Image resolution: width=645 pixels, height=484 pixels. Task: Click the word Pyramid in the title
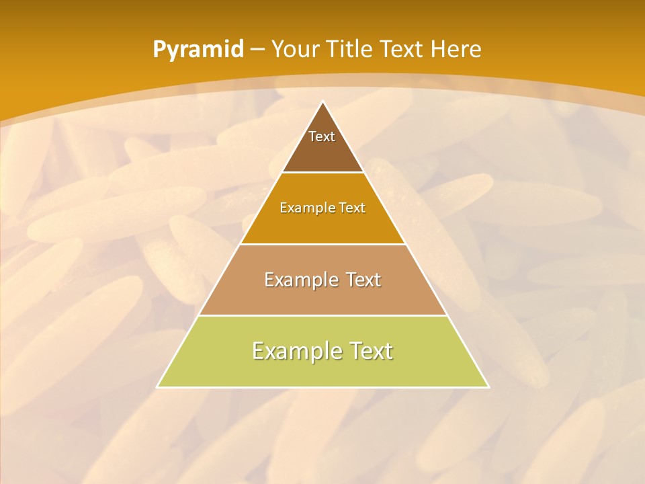(198, 50)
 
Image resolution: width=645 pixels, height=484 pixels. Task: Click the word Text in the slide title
(404, 49)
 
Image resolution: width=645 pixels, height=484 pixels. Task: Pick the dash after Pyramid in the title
(257, 50)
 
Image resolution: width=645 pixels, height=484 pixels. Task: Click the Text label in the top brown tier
(322, 136)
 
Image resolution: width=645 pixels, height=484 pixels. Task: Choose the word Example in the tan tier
(299, 280)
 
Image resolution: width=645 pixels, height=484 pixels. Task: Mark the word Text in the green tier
(371, 351)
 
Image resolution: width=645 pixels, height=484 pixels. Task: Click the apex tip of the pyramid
(323, 102)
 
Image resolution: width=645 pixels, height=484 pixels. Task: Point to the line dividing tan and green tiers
(323, 315)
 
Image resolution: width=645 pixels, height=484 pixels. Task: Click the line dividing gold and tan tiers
(323, 244)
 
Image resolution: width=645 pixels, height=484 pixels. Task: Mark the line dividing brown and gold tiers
(323, 173)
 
